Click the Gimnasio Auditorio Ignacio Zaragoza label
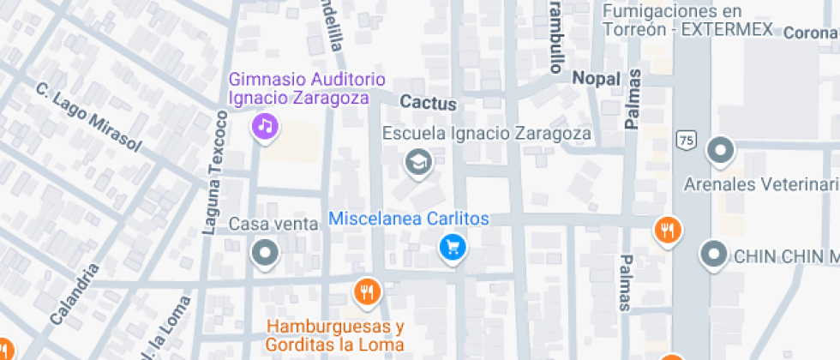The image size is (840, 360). [298, 88]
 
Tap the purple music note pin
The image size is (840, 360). [266, 127]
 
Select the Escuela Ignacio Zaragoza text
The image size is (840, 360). [487, 134]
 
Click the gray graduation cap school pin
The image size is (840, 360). [418, 161]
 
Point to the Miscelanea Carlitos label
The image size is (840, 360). [409, 219]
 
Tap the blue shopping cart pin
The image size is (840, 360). [453, 248]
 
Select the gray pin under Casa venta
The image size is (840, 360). [265, 253]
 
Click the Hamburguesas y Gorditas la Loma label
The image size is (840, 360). [335, 335]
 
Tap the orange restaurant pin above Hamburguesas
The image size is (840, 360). [368, 291]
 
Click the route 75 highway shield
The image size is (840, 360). [685, 140]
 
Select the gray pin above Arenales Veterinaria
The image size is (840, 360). [720, 152]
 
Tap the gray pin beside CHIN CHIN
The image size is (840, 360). [713, 254]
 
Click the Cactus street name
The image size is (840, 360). [429, 104]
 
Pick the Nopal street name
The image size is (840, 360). [596, 79]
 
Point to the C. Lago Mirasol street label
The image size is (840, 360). [88, 117]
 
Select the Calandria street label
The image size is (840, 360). [75, 294]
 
